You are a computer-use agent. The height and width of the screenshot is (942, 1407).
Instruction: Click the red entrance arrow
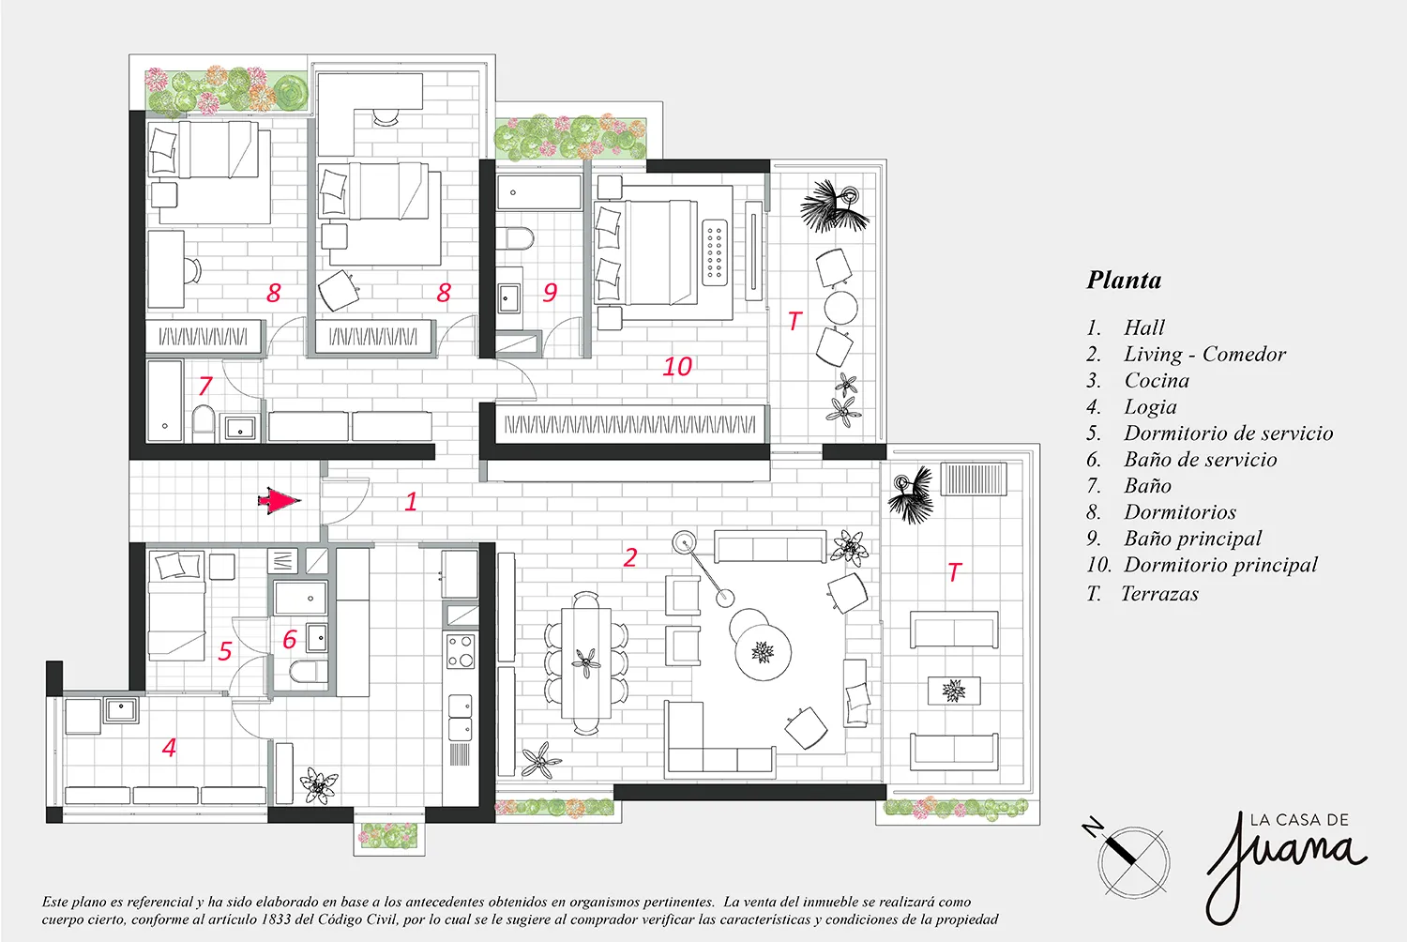click(x=280, y=501)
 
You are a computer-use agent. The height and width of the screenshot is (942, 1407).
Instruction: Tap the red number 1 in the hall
click(x=411, y=501)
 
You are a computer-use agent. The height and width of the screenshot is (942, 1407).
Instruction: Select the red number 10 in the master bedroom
click(x=677, y=366)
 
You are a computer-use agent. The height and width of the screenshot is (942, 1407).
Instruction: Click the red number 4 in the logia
click(x=169, y=747)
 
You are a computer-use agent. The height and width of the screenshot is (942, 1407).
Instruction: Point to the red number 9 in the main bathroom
click(x=550, y=292)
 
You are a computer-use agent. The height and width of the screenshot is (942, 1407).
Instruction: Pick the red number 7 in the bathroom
click(x=205, y=386)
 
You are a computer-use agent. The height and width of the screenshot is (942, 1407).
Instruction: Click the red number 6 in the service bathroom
click(x=289, y=640)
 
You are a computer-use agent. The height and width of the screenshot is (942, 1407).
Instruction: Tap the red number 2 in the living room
click(x=630, y=557)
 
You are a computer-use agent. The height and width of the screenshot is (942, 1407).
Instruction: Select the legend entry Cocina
click(x=1157, y=380)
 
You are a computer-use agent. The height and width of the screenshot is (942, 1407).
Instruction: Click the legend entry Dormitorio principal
click(x=1220, y=564)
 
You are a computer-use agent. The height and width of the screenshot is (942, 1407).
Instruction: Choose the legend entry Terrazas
click(x=1159, y=593)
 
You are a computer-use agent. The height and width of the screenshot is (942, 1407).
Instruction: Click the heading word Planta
click(x=1125, y=280)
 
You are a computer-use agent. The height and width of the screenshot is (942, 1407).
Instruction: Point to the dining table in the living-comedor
click(x=586, y=662)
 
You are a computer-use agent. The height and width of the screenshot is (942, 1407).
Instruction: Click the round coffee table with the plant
click(x=763, y=652)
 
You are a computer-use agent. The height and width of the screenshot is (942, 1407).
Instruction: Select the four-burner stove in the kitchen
click(x=461, y=651)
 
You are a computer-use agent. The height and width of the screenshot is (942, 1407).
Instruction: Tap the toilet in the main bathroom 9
click(x=515, y=239)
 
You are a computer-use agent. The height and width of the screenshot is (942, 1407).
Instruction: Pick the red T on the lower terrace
click(x=954, y=571)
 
